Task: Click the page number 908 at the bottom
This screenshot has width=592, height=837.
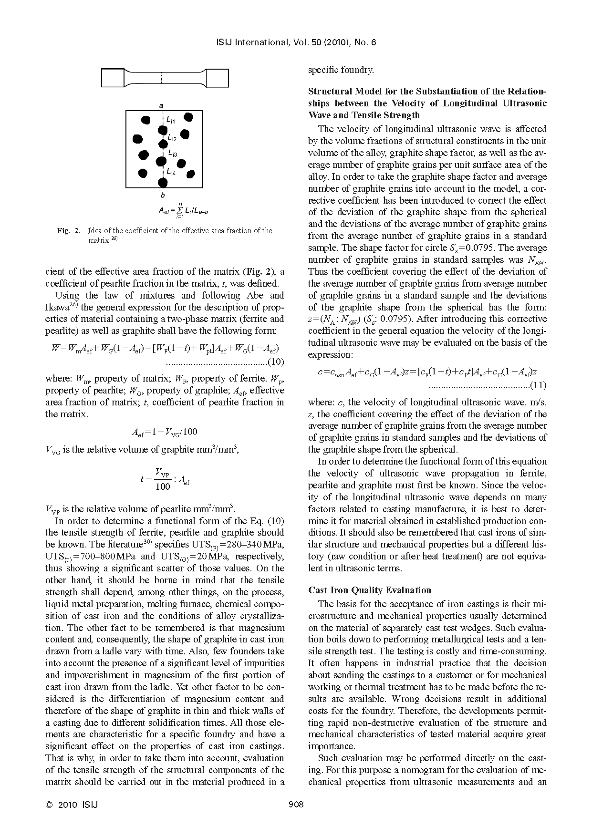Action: coord(296,805)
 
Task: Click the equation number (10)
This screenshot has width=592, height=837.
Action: coord(277,361)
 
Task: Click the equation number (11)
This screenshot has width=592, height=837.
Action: coord(539,385)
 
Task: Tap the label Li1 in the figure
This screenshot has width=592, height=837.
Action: coord(171,121)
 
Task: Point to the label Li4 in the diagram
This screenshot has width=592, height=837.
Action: coord(171,173)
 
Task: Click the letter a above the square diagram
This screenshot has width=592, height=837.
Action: coord(161,105)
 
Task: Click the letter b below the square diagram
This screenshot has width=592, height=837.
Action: coord(162,196)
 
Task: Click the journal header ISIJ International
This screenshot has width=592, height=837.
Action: coord(248,43)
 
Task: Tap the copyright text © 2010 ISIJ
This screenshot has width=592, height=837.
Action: coord(72,805)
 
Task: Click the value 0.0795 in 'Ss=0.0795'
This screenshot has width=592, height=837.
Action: coord(532,248)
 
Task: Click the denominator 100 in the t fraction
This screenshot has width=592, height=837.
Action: coord(163,486)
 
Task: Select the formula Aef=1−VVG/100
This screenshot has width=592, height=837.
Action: coord(164,432)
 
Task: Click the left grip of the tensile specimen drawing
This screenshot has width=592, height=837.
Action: coord(113,78)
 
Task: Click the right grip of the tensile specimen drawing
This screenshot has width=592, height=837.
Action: coord(218,78)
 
